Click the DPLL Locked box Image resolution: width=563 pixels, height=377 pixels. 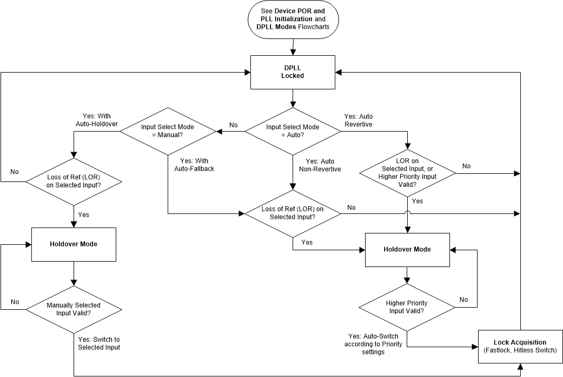293,72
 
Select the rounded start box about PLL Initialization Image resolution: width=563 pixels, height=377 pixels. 293,19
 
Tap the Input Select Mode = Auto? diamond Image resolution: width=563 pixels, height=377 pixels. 293,131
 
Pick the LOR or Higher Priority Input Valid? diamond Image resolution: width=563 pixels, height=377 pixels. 407,173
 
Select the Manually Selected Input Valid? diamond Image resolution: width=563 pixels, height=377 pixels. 73,309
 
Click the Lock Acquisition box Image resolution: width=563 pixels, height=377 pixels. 520,346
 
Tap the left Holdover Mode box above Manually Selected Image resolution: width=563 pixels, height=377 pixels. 73,244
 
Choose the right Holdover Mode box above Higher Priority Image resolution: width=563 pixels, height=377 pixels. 407,250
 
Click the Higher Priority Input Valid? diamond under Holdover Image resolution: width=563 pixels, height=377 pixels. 407,307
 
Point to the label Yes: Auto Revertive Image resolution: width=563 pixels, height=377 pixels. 359,120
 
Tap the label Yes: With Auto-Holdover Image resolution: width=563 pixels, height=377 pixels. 97,120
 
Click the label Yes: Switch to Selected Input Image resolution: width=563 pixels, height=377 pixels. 99,343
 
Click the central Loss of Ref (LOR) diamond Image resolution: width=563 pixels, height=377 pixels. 293,213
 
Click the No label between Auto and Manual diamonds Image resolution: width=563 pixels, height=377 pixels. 233,125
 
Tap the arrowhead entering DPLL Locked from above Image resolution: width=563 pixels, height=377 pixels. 293,53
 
